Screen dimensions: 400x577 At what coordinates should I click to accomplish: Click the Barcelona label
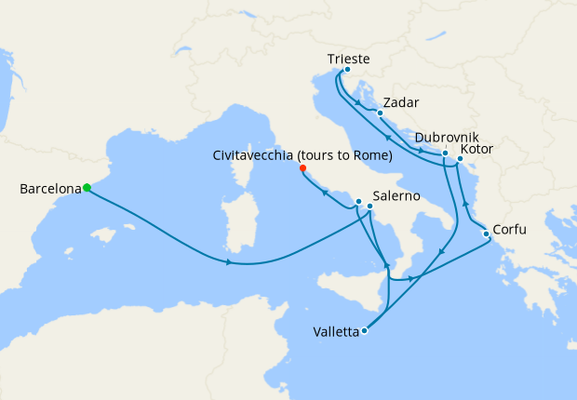(x=48, y=190)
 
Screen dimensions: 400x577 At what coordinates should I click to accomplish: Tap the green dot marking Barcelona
(x=87, y=188)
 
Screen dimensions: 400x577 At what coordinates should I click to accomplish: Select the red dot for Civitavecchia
(x=302, y=168)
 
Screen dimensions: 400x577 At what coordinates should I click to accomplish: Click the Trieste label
(x=349, y=60)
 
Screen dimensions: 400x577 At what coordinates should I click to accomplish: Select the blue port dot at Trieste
(x=347, y=70)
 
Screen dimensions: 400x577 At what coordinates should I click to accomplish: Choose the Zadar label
(x=401, y=101)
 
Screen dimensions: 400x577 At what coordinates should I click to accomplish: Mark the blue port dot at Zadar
(x=380, y=113)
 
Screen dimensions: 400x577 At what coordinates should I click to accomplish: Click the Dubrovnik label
(x=448, y=136)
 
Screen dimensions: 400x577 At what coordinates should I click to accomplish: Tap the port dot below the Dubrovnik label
(x=446, y=153)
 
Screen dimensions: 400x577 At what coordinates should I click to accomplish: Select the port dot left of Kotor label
(x=460, y=159)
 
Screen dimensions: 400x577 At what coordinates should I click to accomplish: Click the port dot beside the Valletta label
(x=364, y=330)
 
